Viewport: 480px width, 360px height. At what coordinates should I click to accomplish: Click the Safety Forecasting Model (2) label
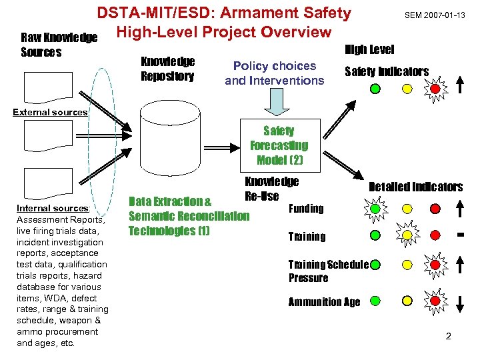tap(279, 145)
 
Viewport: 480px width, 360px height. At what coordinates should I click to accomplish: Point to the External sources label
tap(51, 112)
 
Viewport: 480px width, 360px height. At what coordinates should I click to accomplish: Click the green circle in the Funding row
tap(375, 209)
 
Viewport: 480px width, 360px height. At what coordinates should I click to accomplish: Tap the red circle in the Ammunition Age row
tap(435, 301)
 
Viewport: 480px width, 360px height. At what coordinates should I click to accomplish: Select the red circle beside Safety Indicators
tap(435, 87)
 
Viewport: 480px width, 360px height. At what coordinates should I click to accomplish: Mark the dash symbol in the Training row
tap(460, 235)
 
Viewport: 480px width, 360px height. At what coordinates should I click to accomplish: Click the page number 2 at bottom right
tap(448, 337)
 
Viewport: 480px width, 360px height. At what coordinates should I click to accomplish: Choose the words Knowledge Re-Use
tap(271, 189)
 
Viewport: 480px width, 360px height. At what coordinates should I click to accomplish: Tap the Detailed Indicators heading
tap(416, 187)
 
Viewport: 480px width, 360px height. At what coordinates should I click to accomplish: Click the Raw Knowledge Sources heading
tap(59, 44)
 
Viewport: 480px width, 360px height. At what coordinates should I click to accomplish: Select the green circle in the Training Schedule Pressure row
tap(375, 265)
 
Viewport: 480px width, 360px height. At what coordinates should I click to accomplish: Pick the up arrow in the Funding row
tap(460, 209)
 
